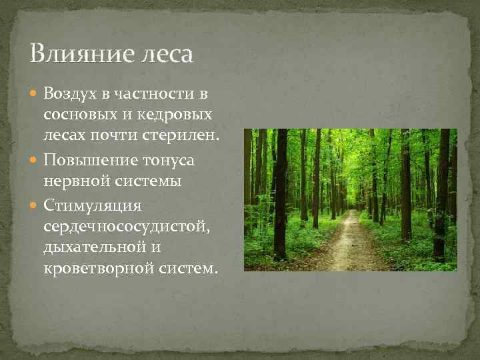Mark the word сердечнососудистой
tap(126, 229)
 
